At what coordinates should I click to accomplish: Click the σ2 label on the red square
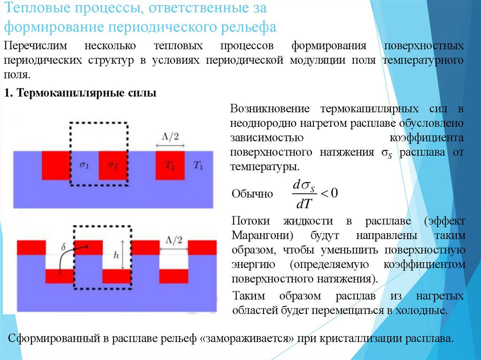tap(113, 165)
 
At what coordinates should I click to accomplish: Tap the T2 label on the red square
tap(170, 165)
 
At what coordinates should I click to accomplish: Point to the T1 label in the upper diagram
tap(199, 165)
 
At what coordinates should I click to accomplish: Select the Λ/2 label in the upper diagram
tap(170, 137)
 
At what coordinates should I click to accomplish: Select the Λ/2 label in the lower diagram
tap(173, 240)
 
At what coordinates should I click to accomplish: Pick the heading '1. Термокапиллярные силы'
tap(80, 93)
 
